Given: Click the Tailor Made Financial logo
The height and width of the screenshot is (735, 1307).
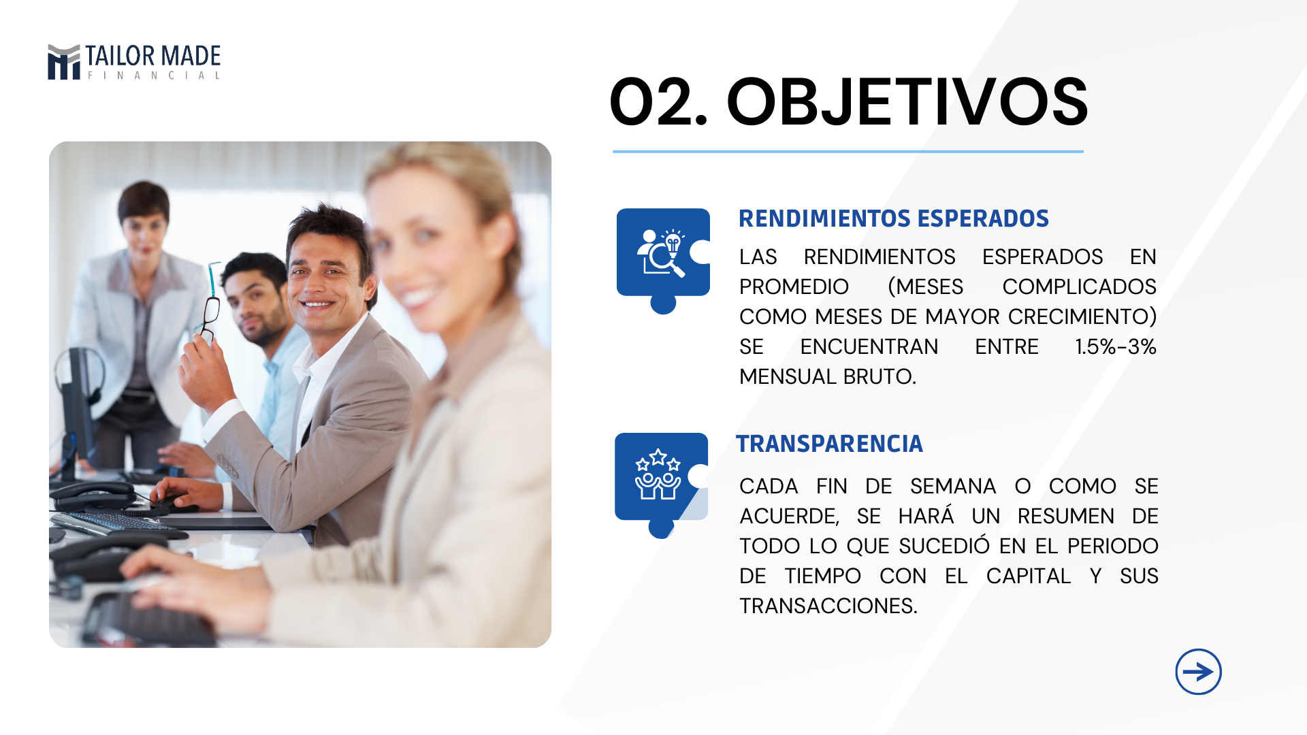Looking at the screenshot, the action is [x=134, y=62].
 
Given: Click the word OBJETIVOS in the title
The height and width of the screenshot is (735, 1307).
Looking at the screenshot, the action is [x=907, y=102].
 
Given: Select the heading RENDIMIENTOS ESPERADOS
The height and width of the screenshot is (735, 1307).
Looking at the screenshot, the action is [x=894, y=218].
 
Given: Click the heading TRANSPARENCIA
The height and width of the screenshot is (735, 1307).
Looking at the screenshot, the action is [x=830, y=444].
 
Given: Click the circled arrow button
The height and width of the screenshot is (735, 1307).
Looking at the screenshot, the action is [x=1198, y=672].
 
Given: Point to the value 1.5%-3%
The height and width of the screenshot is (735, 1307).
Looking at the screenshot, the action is [x=1116, y=346].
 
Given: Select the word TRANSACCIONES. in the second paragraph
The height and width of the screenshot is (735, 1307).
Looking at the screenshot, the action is [x=828, y=606].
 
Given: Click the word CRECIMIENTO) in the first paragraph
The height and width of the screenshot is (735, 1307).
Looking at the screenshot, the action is [x=1082, y=316].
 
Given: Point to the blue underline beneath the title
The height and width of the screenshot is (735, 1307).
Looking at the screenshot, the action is [x=848, y=151].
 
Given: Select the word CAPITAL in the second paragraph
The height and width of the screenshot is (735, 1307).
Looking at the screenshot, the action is [x=1029, y=576].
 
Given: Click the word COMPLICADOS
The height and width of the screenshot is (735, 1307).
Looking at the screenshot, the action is [x=1080, y=287].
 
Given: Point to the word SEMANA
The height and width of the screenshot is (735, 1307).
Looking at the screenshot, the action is [x=953, y=486].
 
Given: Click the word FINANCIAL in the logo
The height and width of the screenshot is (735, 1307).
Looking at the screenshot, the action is [x=154, y=76].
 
